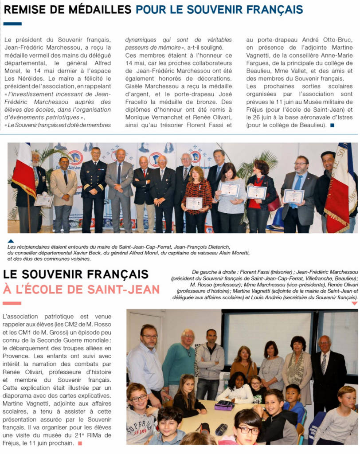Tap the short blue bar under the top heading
pos(12,23)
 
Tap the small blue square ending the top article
pos(333,126)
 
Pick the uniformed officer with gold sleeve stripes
pos(93,186)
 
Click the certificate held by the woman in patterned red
pos(193,203)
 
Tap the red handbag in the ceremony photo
pos(274,203)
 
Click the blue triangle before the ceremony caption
pos(11,241)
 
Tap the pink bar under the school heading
pos(12,303)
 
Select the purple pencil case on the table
pos(224,406)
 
